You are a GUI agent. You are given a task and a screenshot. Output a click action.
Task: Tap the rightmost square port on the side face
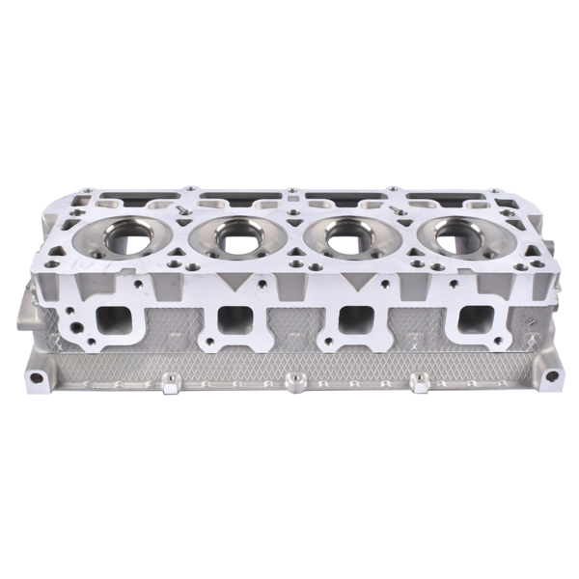[473, 318]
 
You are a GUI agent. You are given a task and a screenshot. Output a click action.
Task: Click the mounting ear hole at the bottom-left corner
[37, 376]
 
